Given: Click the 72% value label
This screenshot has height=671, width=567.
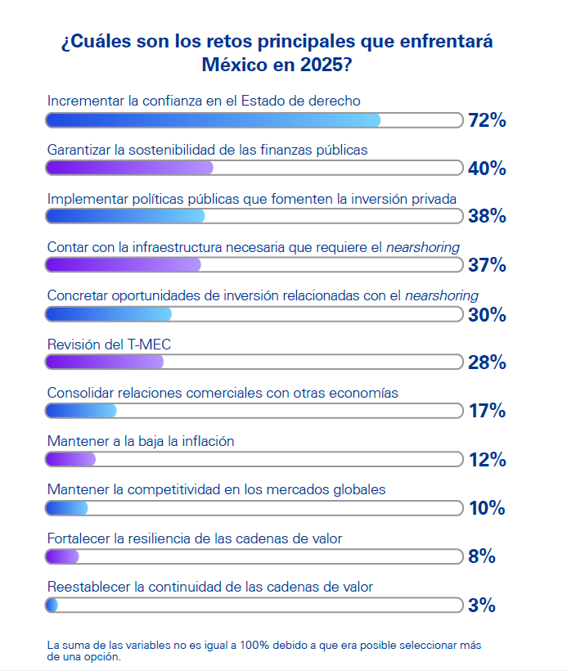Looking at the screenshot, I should point(487,121).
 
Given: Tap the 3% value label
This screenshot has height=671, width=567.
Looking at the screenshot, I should point(482,606).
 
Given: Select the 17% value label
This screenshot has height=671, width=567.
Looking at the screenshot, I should point(487,412).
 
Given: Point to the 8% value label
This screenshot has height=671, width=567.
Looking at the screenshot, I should point(482,557).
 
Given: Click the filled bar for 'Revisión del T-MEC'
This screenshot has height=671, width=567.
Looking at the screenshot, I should point(105,362).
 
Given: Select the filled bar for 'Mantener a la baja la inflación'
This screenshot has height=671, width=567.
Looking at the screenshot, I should point(71,459).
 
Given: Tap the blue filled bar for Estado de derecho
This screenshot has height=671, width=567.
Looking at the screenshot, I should point(213,120).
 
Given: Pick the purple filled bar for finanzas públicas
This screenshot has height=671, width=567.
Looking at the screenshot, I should point(129,168).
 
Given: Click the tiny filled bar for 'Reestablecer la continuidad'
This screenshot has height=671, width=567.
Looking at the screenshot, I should point(52,606).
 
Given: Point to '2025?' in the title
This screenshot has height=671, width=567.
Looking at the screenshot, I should point(326,64).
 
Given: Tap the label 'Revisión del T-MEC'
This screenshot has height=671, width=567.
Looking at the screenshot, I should point(109,345).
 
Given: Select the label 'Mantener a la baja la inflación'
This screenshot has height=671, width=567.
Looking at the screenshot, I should point(141,441).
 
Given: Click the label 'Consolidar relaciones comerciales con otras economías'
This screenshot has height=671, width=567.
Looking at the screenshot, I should point(223,393).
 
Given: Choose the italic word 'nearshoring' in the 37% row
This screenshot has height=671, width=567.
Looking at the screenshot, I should point(423,247).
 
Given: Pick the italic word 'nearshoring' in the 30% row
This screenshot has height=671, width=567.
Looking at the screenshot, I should point(442,295).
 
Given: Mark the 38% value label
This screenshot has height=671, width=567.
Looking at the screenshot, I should point(487,217).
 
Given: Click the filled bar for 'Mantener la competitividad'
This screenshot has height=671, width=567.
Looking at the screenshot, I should point(67,508).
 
